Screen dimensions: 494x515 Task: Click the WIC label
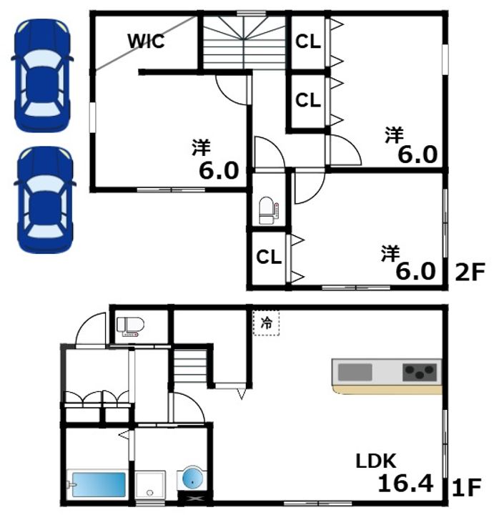coord(146,41)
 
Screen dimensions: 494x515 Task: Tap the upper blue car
coord(42,76)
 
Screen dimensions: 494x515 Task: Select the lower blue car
coord(44,200)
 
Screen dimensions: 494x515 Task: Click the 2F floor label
coord(470,272)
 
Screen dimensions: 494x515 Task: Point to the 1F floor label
coord(467,487)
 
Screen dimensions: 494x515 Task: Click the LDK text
coord(376,461)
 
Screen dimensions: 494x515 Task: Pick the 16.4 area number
coord(405,484)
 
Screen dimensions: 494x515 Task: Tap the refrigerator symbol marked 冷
coord(266,323)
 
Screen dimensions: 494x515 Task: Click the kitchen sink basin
coord(355,372)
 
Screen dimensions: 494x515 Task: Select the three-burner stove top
coord(420,372)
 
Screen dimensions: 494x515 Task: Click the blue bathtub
coord(99,484)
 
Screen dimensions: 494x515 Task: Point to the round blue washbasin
coord(192,479)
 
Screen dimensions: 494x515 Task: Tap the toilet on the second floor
coord(268,210)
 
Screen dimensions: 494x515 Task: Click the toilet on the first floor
coord(130,326)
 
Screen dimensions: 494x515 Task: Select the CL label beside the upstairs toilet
coord(269,257)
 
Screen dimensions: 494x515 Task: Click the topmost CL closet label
coord(308,41)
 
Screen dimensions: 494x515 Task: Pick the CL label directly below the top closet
coord(308,100)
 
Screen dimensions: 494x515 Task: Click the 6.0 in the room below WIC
coord(219,170)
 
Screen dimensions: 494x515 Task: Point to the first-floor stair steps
coord(190,366)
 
